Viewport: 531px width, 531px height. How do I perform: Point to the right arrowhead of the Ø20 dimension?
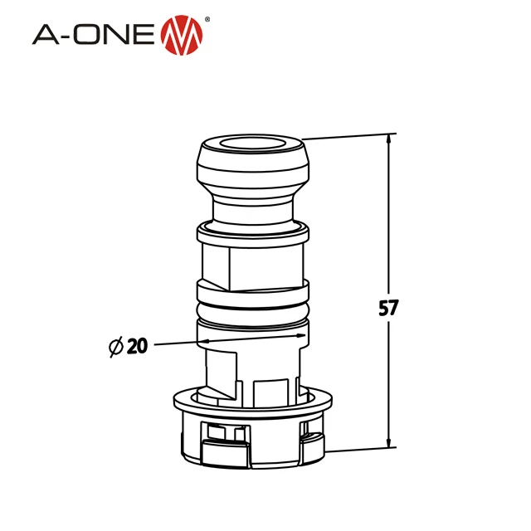coord(295,336)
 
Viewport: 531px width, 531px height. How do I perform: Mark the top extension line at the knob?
coord(348,136)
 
